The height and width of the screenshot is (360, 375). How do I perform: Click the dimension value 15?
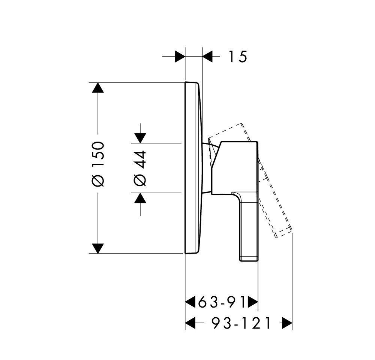coord(238,57)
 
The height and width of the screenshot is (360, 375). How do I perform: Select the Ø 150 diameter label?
coord(98,164)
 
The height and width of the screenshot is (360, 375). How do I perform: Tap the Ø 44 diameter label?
coord(140,168)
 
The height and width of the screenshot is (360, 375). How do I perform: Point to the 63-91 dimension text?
coord(222,302)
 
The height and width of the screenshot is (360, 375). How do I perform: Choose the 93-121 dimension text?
coord(241,323)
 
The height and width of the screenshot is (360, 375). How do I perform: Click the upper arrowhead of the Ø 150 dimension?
coord(98,88)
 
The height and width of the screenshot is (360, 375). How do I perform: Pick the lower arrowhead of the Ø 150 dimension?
coord(98,248)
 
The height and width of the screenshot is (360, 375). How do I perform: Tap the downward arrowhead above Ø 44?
coord(140,138)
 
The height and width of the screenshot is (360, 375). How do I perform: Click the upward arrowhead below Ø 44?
coord(140,198)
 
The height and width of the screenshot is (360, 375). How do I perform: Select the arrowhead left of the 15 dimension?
coord(180,56)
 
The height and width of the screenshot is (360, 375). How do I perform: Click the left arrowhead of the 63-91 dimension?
coord(191,302)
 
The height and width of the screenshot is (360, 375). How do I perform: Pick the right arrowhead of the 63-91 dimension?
coord(253,302)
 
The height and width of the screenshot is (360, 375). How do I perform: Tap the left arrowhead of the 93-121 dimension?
coord(191,323)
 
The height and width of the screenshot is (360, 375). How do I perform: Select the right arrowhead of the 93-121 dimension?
coord(287,323)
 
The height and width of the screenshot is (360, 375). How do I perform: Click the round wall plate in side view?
coord(193,168)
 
